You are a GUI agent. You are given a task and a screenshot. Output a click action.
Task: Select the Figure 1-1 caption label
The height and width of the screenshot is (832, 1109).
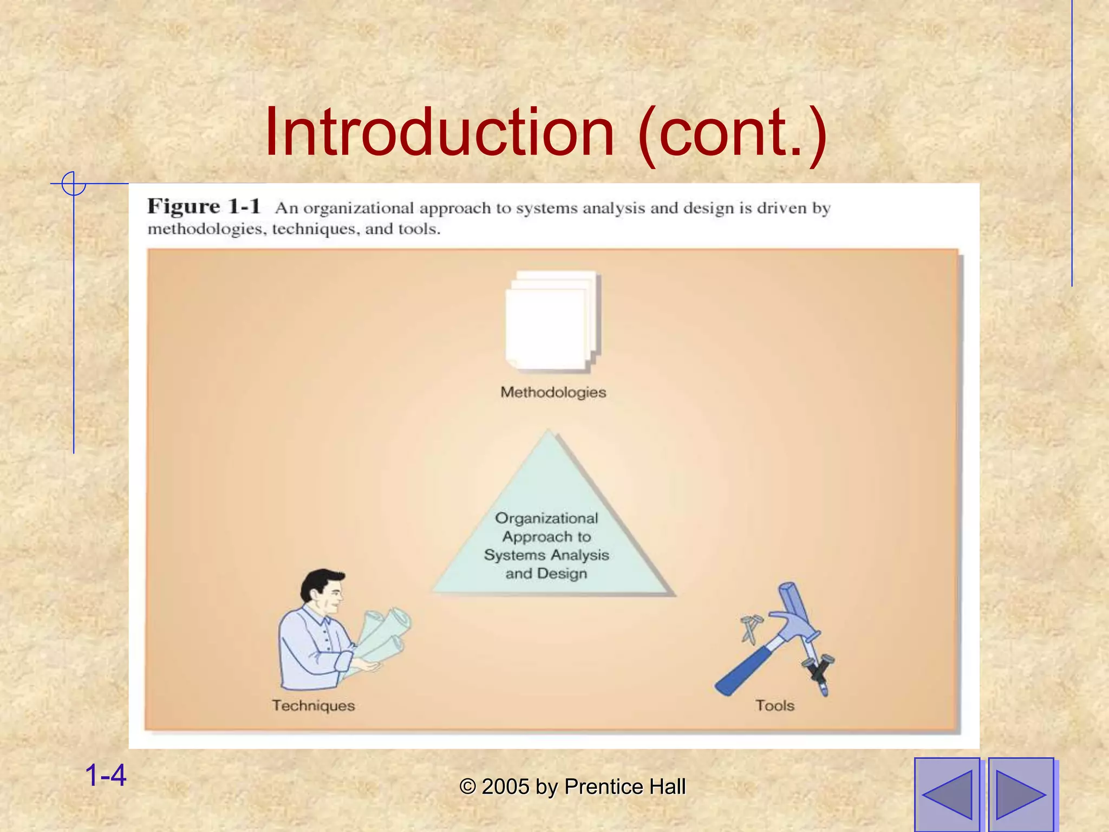pyautogui.click(x=204, y=207)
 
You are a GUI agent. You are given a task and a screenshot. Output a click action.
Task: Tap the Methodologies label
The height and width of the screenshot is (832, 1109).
pyautogui.click(x=553, y=392)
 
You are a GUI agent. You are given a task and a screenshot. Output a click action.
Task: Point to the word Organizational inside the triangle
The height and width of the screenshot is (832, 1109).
pyautogui.click(x=546, y=518)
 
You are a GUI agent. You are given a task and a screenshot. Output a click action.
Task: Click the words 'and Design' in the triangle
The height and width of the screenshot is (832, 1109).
pyautogui.click(x=546, y=574)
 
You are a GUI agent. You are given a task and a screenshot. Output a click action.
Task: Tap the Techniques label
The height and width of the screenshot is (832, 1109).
pyautogui.click(x=314, y=706)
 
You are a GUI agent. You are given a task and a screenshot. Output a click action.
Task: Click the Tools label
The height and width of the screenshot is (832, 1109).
pyautogui.click(x=775, y=706)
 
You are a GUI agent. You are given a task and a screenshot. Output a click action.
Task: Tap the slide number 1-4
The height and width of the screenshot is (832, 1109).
pyautogui.click(x=106, y=775)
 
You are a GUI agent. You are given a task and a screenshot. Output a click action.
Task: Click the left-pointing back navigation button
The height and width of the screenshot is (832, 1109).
pyautogui.click(x=947, y=795)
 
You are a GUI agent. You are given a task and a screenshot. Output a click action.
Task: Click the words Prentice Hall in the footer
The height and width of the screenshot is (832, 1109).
pyautogui.click(x=625, y=787)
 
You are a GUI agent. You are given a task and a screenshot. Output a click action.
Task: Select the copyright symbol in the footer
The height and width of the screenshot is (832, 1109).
pyautogui.click(x=467, y=787)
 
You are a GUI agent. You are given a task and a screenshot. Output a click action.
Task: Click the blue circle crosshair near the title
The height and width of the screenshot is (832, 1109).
pyautogui.click(x=74, y=184)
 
